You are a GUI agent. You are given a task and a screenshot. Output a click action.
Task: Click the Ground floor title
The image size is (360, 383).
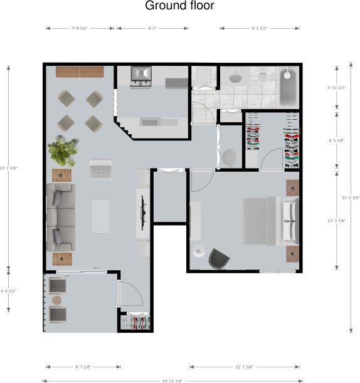tap(179, 6)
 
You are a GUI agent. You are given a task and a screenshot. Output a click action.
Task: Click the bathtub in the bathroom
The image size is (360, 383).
tap(289, 87)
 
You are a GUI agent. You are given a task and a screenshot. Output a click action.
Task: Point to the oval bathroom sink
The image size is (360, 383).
tap(236, 78)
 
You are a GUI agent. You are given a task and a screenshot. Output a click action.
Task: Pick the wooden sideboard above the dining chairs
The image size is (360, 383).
tap(80, 72)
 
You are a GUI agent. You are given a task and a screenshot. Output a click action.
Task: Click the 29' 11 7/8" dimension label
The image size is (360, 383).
tap(171, 380)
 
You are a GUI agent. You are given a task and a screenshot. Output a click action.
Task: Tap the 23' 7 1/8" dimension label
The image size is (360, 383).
tap(8, 167)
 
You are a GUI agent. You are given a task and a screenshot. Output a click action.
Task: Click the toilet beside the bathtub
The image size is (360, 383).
tap(263, 78)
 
